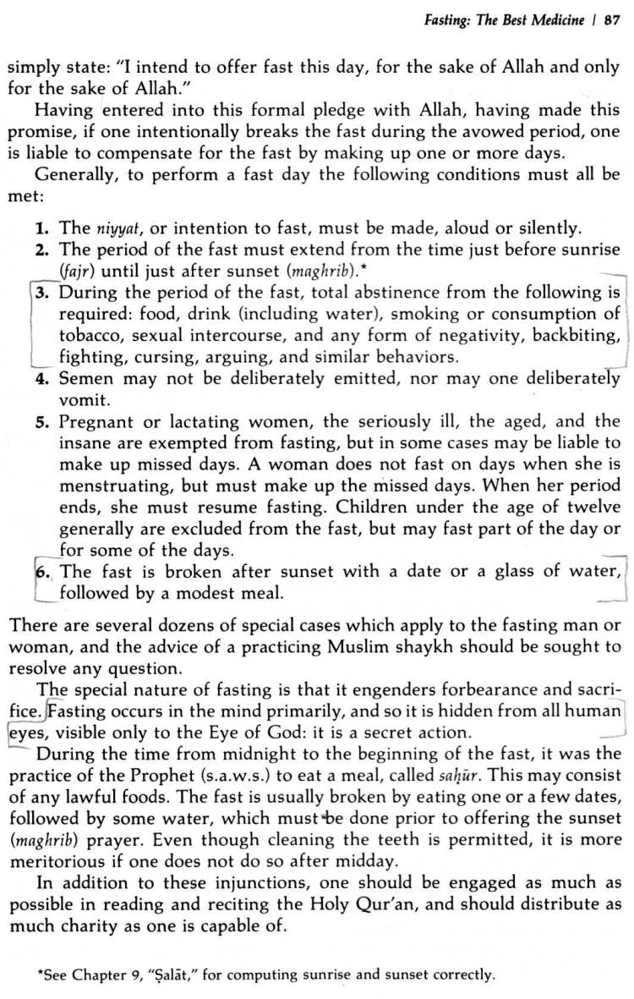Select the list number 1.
[x=41, y=228]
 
